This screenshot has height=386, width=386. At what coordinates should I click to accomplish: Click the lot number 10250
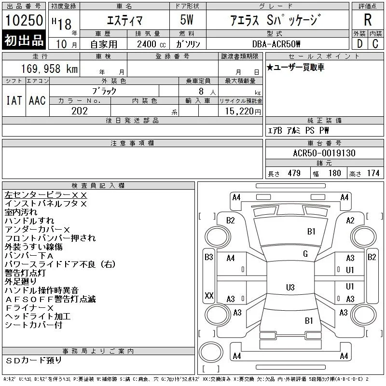(24, 20)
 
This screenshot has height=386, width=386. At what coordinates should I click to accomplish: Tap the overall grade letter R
(368, 20)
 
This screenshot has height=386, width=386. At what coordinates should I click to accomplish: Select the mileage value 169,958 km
(50, 69)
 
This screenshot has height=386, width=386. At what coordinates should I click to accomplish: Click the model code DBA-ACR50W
(276, 44)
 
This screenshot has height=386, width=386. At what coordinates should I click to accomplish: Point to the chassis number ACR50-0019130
(324, 153)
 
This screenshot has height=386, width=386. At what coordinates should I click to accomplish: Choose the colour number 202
(80, 111)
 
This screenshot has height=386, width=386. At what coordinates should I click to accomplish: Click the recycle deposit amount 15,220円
(243, 111)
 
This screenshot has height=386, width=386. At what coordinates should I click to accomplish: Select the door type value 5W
(187, 20)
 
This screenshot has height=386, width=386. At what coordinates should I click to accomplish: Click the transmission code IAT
(14, 100)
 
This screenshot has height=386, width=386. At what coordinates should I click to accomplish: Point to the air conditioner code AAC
(37, 100)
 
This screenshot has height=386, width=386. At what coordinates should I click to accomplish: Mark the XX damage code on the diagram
(209, 295)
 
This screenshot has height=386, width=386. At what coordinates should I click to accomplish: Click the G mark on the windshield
(305, 254)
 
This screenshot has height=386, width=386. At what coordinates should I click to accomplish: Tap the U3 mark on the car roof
(290, 287)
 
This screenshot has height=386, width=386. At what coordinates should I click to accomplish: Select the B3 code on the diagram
(209, 257)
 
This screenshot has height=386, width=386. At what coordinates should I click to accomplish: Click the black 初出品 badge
(24, 40)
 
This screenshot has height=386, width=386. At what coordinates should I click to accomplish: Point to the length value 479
(294, 173)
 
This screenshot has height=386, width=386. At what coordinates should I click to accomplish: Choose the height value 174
(373, 173)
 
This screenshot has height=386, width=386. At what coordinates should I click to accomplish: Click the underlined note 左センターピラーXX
(46, 195)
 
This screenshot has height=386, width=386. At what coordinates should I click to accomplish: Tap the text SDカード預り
(33, 360)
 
